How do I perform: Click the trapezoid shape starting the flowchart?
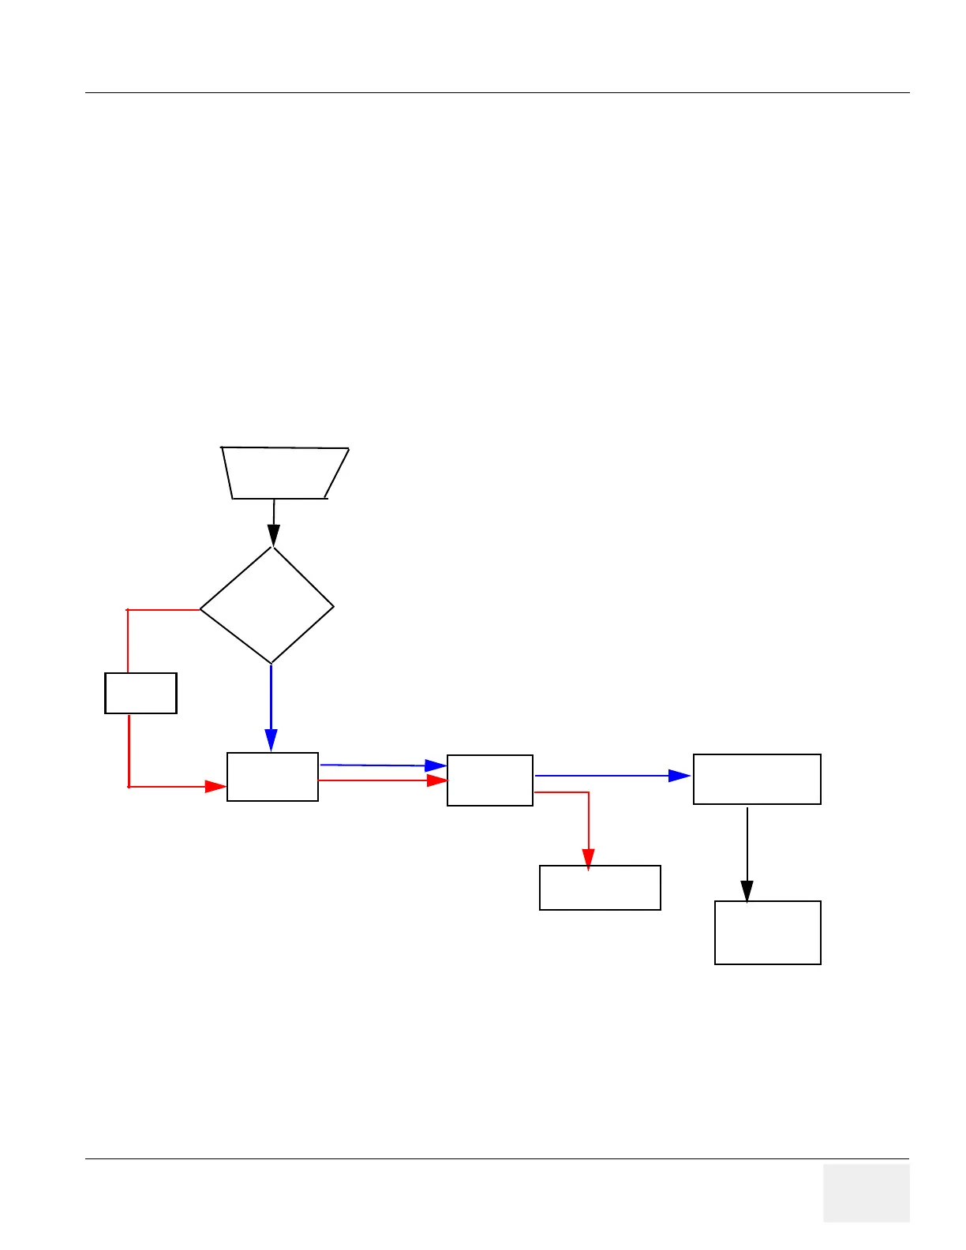click(284, 473)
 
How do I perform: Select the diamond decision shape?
click(267, 606)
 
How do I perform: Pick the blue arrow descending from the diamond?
click(271, 706)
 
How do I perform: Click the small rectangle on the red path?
click(140, 693)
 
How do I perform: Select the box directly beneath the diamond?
click(272, 777)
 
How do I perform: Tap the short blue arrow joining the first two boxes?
click(383, 765)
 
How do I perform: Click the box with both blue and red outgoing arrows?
click(489, 780)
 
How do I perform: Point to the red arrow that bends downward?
click(588, 821)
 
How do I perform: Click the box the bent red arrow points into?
click(600, 888)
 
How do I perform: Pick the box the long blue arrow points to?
click(757, 779)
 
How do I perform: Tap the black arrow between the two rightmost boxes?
click(747, 852)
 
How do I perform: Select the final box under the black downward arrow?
click(767, 932)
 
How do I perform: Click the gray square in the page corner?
click(866, 1192)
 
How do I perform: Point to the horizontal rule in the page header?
click(497, 93)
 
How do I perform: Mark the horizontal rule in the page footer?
click(497, 1158)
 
